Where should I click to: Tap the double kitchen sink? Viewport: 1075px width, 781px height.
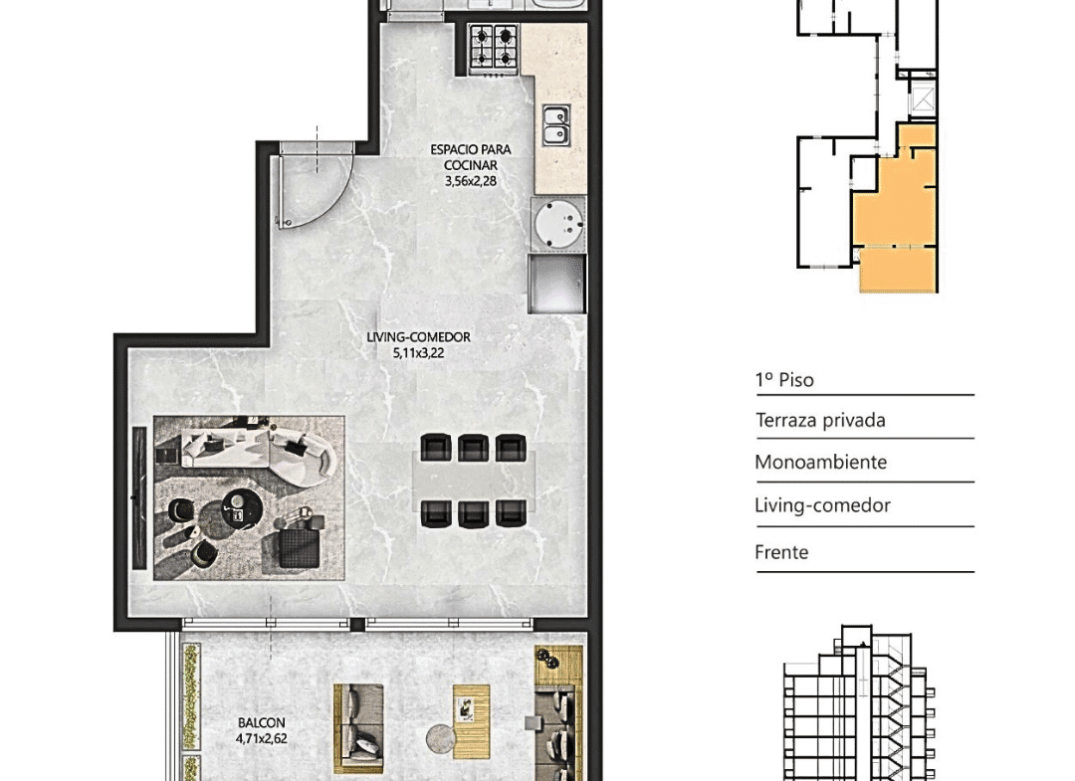pos(556,124)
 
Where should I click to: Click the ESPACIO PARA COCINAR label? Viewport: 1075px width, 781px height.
pos(471,157)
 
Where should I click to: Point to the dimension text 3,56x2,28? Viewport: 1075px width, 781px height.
pos(471,181)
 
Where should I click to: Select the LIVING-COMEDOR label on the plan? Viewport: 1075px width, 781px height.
pos(418,337)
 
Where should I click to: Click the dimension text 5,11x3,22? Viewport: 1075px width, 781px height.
pos(418,353)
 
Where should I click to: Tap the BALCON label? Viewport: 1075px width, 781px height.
pos(261,722)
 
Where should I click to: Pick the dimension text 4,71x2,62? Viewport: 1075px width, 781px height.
pos(261,738)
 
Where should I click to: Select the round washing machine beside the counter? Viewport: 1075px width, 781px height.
pos(559,223)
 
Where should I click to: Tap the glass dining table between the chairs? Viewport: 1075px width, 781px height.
pos(474,481)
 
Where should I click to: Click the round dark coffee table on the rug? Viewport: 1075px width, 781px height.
pos(242,509)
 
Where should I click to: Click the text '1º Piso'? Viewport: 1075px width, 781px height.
pos(784,379)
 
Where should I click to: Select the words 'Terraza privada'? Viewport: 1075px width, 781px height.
pos(820,420)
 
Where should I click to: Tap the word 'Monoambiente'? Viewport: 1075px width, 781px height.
pos(820,462)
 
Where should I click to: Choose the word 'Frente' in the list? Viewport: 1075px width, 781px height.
pos(781,551)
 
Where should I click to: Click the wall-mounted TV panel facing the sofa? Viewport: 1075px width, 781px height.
pos(140,497)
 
